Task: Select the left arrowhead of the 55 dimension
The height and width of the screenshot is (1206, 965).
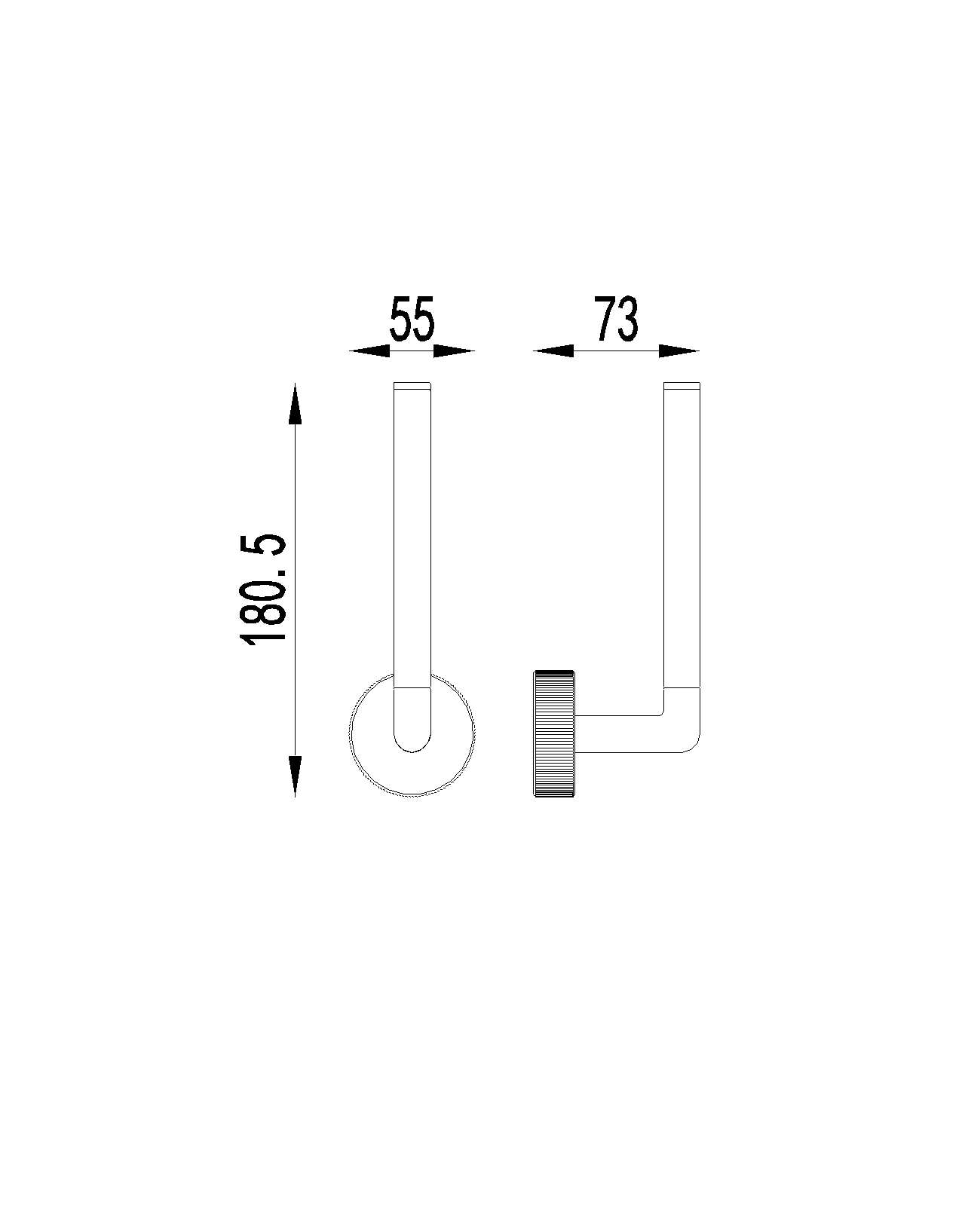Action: [x=369, y=351]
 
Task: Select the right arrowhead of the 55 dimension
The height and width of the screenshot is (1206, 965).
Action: [x=455, y=351]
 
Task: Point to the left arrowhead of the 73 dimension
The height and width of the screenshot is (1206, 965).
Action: [x=553, y=351]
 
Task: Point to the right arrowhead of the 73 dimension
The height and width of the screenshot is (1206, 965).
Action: [x=679, y=351]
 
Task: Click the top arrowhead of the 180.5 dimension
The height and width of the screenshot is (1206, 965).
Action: [x=295, y=403]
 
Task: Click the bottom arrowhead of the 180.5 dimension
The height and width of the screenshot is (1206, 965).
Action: [x=295, y=776]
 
